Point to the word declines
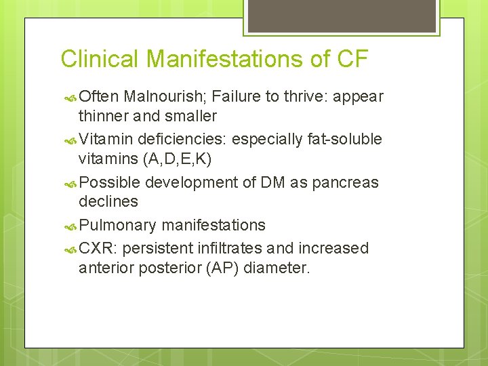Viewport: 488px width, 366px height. (108, 201)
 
